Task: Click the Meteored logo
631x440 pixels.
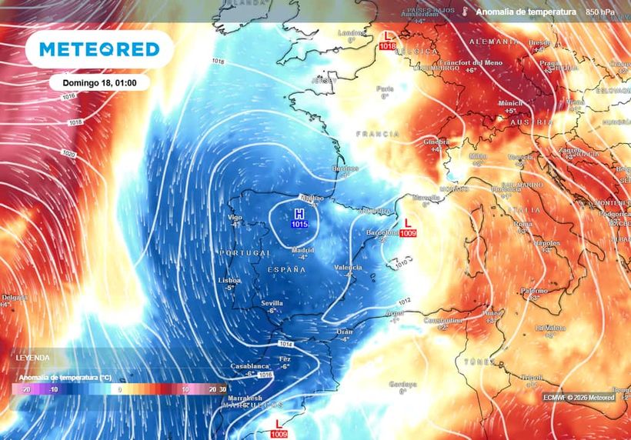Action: click(x=99, y=49)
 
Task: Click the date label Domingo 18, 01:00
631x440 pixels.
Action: click(x=100, y=82)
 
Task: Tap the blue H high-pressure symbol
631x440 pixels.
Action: click(x=299, y=213)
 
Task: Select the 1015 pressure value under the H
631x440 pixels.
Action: click(x=299, y=224)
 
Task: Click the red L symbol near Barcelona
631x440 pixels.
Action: click(x=407, y=222)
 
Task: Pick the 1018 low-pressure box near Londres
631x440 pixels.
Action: click(x=388, y=47)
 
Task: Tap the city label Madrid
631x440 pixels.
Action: click(x=302, y=250)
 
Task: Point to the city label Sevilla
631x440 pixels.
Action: click(x=272, y=302)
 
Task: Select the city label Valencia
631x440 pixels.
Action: click(x=348, y=267)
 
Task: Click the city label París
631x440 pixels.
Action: click(x=385, y=88)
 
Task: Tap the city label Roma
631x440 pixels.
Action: click(x=523, y=224)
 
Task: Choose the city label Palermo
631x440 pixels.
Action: click(x=534, y=291)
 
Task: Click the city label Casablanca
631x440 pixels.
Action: click(x=249, y=366)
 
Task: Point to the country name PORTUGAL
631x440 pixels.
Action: click(x=245, y=253)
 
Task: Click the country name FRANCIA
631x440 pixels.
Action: click(x=378, y=134)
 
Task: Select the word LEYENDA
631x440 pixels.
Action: click(x=32, y=358)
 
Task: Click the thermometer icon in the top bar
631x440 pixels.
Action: click(x=465, y=12)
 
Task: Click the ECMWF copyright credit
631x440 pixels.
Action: click(x=578, y=398)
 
